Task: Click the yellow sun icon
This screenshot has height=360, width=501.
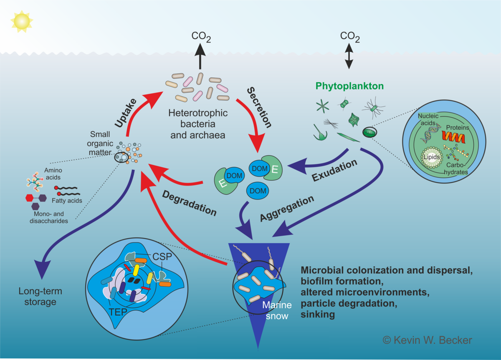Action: point(21,21)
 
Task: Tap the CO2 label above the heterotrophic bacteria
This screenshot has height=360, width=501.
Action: point(201,37)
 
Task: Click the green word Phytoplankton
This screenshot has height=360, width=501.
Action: point(349,86)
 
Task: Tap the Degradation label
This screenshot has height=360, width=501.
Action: point(189,203)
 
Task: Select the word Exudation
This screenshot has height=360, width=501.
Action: point(335,170)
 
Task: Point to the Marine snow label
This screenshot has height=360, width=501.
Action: point(275,311)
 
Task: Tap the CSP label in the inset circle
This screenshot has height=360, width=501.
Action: point(162,257)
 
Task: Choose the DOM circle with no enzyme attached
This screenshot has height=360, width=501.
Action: point(258,190)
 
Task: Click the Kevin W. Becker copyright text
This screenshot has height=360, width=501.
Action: point(428,340)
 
